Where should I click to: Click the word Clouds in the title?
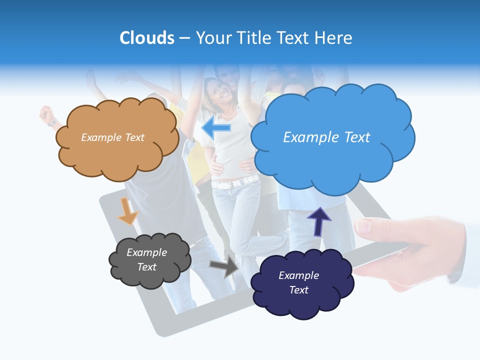click(147, 38)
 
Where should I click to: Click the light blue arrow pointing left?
click(216, 128)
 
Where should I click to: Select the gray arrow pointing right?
click(224, 266)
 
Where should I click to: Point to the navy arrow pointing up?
click(318, 221)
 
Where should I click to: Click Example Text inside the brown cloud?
click(112, 137)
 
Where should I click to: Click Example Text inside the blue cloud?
click(326, 137)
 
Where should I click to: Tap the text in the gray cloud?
click(146, 259)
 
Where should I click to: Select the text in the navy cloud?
click(298, 282)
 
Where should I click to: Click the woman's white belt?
click(235, 182)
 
